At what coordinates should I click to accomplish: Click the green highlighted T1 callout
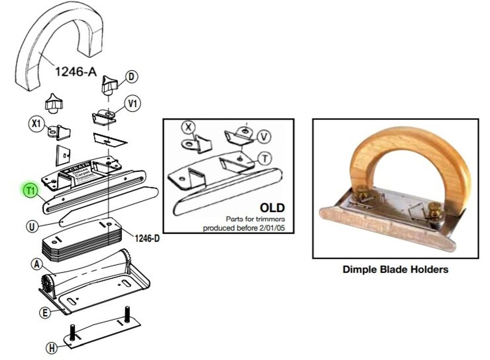coord(31,190)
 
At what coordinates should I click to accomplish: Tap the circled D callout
coord(131,76)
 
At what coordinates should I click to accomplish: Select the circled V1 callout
coord(133,103)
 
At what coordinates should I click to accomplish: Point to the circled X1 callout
coord(35,124)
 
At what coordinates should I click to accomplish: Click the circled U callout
coord(32,226)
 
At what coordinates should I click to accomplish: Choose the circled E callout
coord(45,312)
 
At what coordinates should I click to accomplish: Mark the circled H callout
coord(51,348)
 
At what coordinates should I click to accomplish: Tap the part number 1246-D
coord(147,239)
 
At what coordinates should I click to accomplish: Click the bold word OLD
coord(272,208)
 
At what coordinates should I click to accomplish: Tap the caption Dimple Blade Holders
coord(395,269)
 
